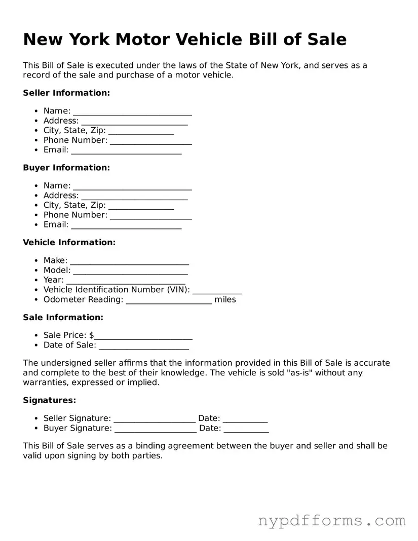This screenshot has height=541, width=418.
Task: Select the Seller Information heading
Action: click(x=66, y=93)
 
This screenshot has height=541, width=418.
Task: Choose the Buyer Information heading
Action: click(x=66, y=168)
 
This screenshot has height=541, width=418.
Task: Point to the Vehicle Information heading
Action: click(x=69, y=243)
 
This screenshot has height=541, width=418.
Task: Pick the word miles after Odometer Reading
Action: click(x=225, y=299)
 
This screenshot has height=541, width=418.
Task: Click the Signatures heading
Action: click(x=50, y=400)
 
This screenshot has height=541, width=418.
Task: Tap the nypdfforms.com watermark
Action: click(x=332, y=521)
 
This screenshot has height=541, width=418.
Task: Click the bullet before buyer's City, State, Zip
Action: click(x=36, y=205)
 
